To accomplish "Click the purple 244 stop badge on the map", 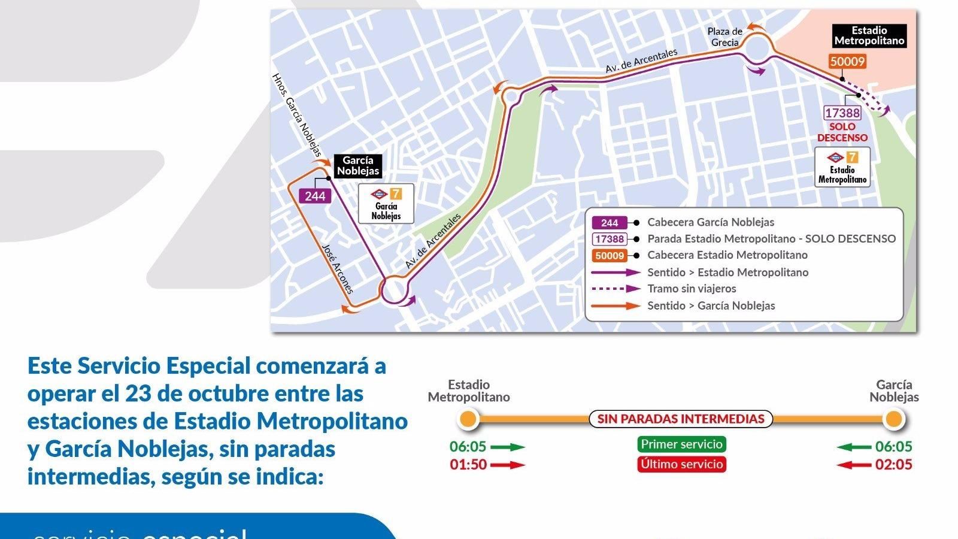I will pos(315,195).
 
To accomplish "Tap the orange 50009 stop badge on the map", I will pos(847,61).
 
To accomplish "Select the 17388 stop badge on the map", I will pos(842,113).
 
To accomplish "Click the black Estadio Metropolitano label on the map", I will pos(869,36).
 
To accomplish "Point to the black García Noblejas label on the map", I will pos(358,166).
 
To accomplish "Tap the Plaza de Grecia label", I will pos(725,37).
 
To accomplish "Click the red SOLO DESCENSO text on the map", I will pos(842,132).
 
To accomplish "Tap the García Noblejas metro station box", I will pos(386,204).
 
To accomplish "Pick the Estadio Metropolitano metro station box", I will pos(842,167).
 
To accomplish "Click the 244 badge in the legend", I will pos(609,223).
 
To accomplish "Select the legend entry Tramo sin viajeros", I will pos(692,289).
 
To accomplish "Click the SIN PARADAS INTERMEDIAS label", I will pos(681,419).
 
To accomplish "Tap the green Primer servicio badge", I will pos(681,444).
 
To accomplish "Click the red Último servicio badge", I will pos(681,464).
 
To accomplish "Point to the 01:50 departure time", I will pos(468,465).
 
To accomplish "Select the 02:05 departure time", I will pos(893,465).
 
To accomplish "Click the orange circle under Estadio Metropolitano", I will pos(468,419).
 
